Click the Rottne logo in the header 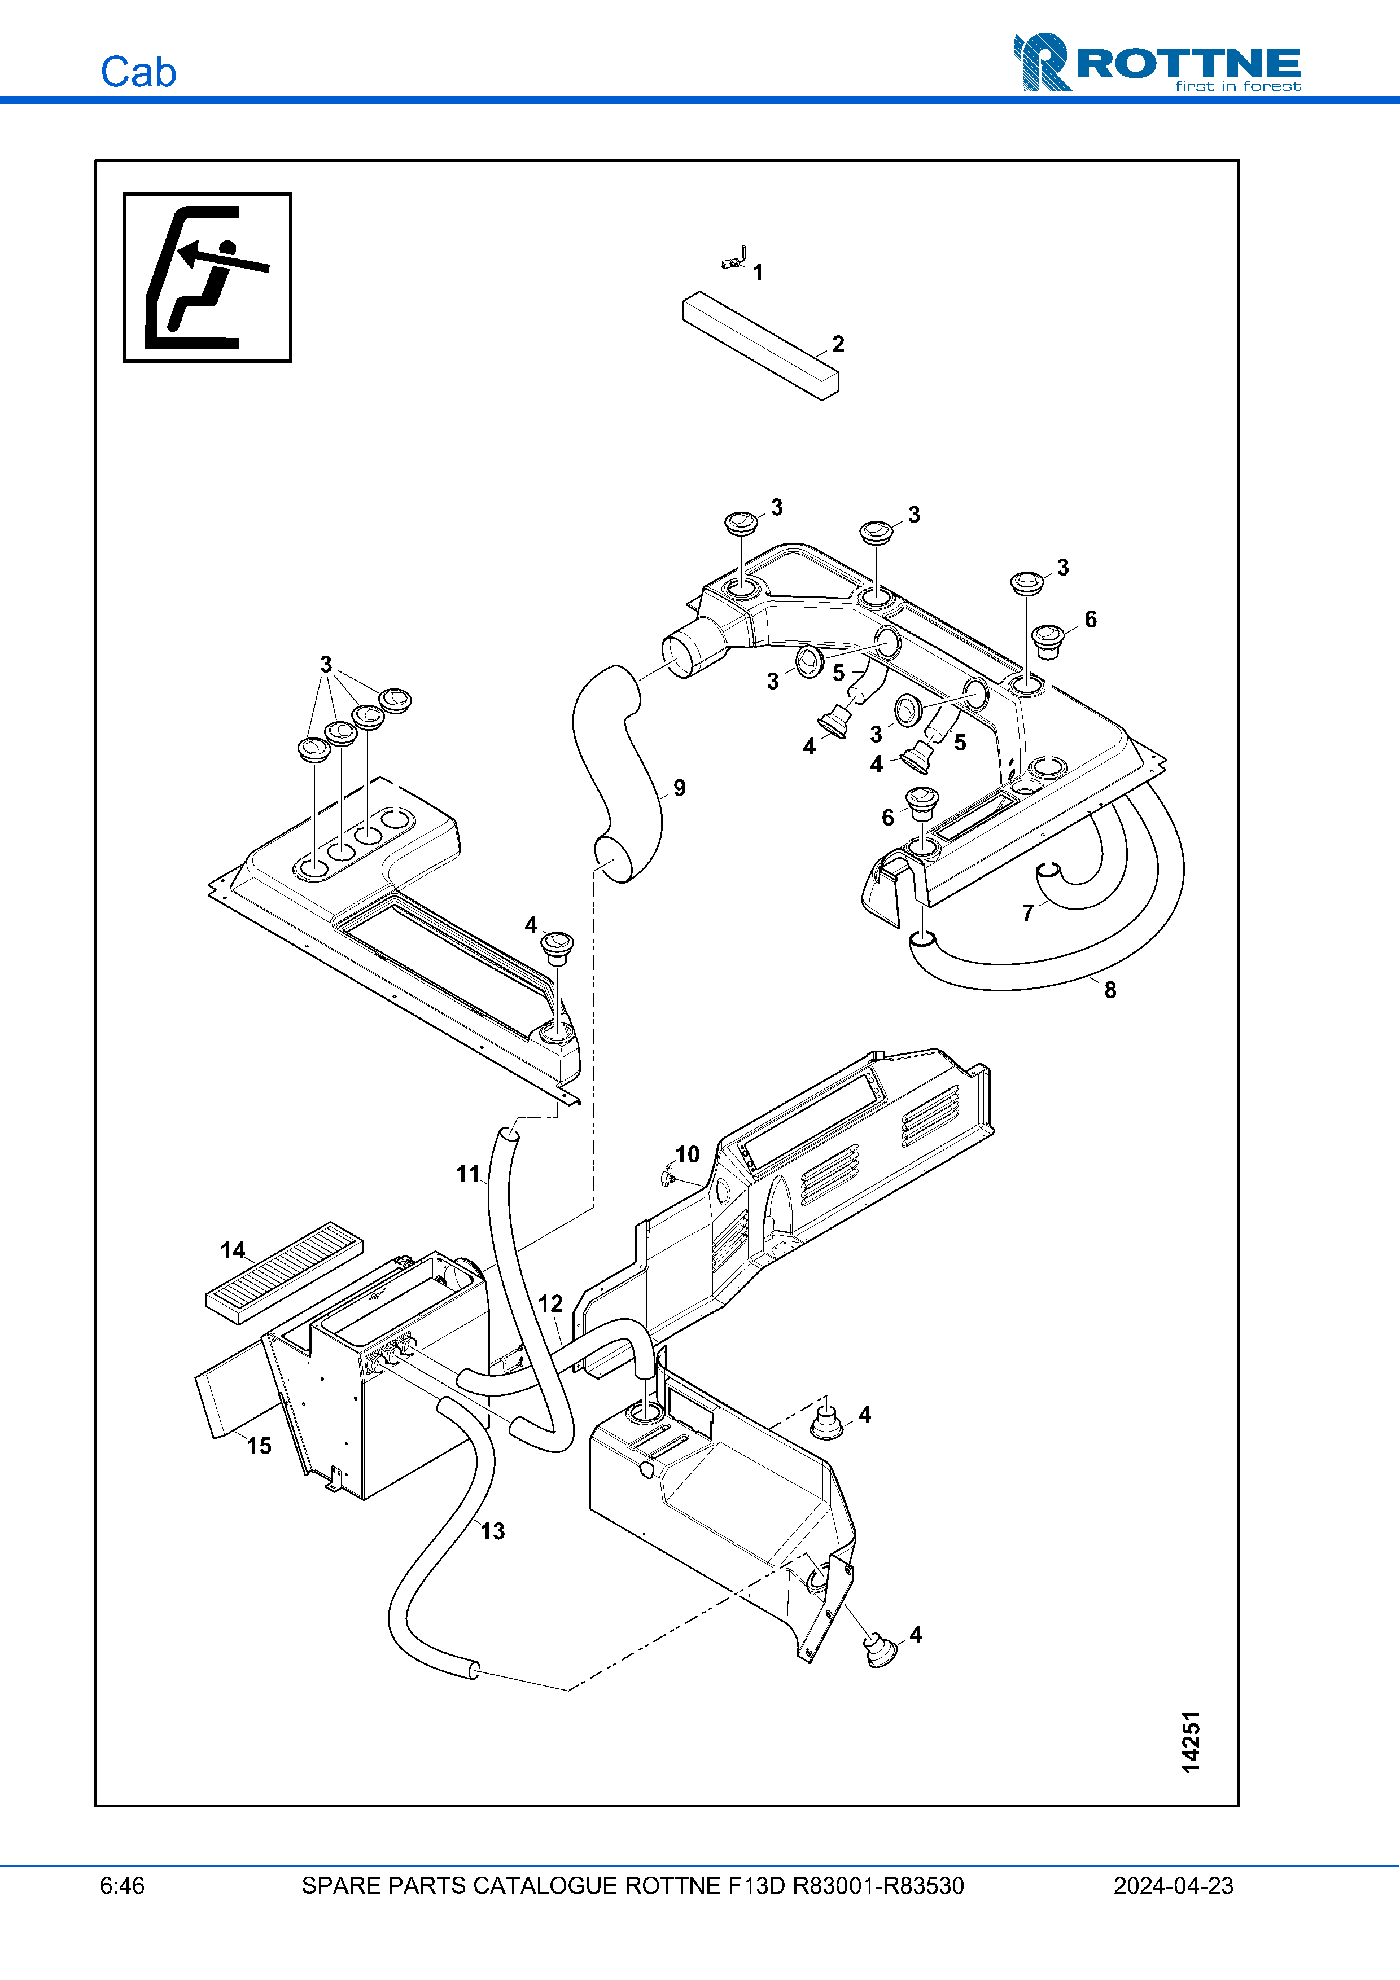tap(1156, 62)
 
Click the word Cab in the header tap(138, 72)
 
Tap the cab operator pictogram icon tap(207, 277)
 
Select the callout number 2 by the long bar tap(838, 344)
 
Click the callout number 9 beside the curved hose tap(680, 788)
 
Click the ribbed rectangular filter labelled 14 tap(285, 1272)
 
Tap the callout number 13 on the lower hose tap(493, 1531)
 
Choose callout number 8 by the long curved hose tap(1110, 990)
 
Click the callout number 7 tap(1027, 912)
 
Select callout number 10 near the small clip tap(686, 1154)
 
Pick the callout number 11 tap(467, 1173)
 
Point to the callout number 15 tap(259, 1446)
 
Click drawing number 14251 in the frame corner tap(1191, 1742)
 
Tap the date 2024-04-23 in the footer tap(1172, 1886)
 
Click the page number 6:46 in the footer tap(123, 1886)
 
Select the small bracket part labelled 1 tap(734, 258)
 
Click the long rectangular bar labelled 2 tap(759, 345)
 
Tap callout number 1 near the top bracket tap(758, 273)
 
